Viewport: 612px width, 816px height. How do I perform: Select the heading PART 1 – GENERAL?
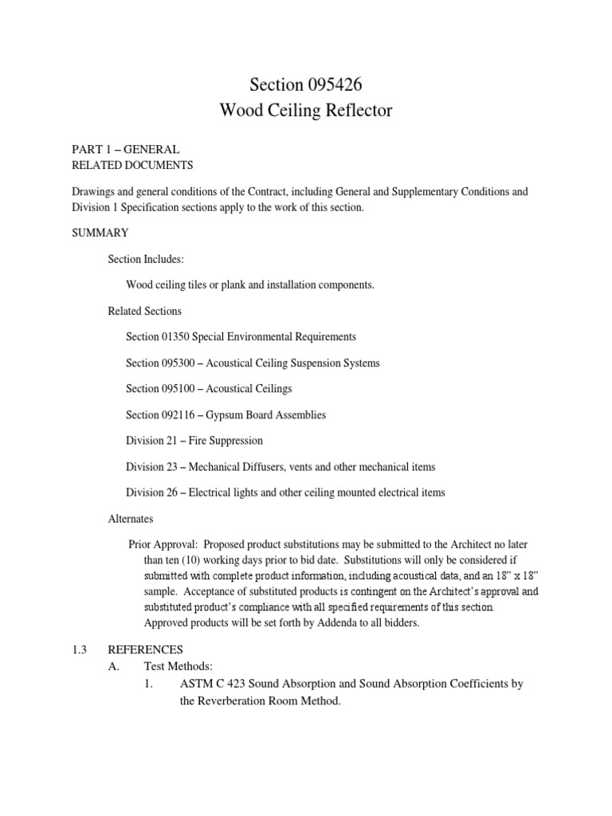(x=126, y=149)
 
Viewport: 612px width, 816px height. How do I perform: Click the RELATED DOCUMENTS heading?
(x=132, y=165)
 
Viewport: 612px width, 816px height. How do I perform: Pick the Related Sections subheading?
(x=145, y=311)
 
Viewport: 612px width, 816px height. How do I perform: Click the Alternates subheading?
(x=131, y=518)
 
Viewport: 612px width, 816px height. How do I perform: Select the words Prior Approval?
(x=163, y=544)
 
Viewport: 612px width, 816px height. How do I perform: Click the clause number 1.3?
(x=80, y=649)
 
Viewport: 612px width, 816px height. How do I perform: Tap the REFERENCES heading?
(x=146, y=649)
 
